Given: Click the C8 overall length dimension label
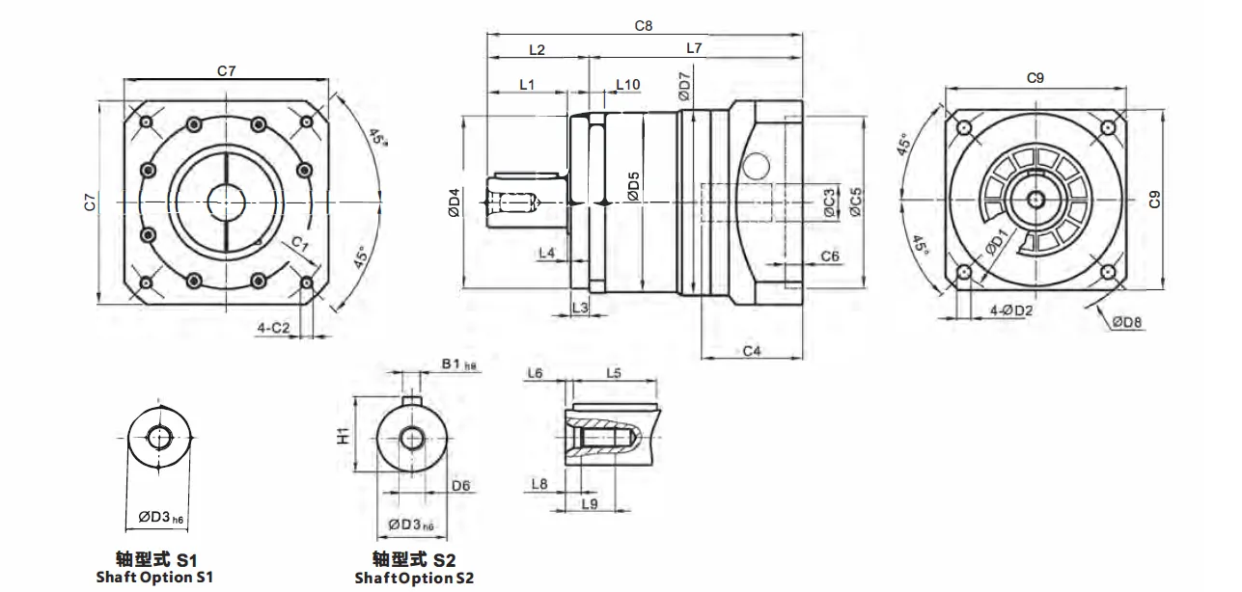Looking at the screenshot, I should [x=644, y=26].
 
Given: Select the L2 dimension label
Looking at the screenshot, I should [x=538, y=49].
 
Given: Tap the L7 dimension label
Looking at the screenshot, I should [x=694, y=48].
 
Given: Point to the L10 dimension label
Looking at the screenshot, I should [x=628, y=85].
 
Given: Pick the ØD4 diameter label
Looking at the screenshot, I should [x=454, y=202].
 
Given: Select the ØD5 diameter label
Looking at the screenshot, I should [x=633, y=186].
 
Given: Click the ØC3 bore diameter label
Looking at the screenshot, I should [x=829, y=202].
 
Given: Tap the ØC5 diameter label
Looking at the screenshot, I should [x=856, y=201].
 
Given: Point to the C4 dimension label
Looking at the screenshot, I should [x=752, y=351].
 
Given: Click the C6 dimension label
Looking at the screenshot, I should [x=829, y=256].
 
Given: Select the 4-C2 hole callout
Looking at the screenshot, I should [x=273, y=328].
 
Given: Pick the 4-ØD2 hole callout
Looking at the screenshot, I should [x=1011, y=310].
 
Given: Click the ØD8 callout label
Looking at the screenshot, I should [x=1126, y=322].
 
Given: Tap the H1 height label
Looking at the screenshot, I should [x=343, y=437].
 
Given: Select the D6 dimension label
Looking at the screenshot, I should [x=461, y=486].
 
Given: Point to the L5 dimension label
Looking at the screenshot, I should [x=614, y=372].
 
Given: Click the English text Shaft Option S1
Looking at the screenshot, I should [x=154, y=578].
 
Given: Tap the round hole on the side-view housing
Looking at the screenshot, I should [x=757, y=163].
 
